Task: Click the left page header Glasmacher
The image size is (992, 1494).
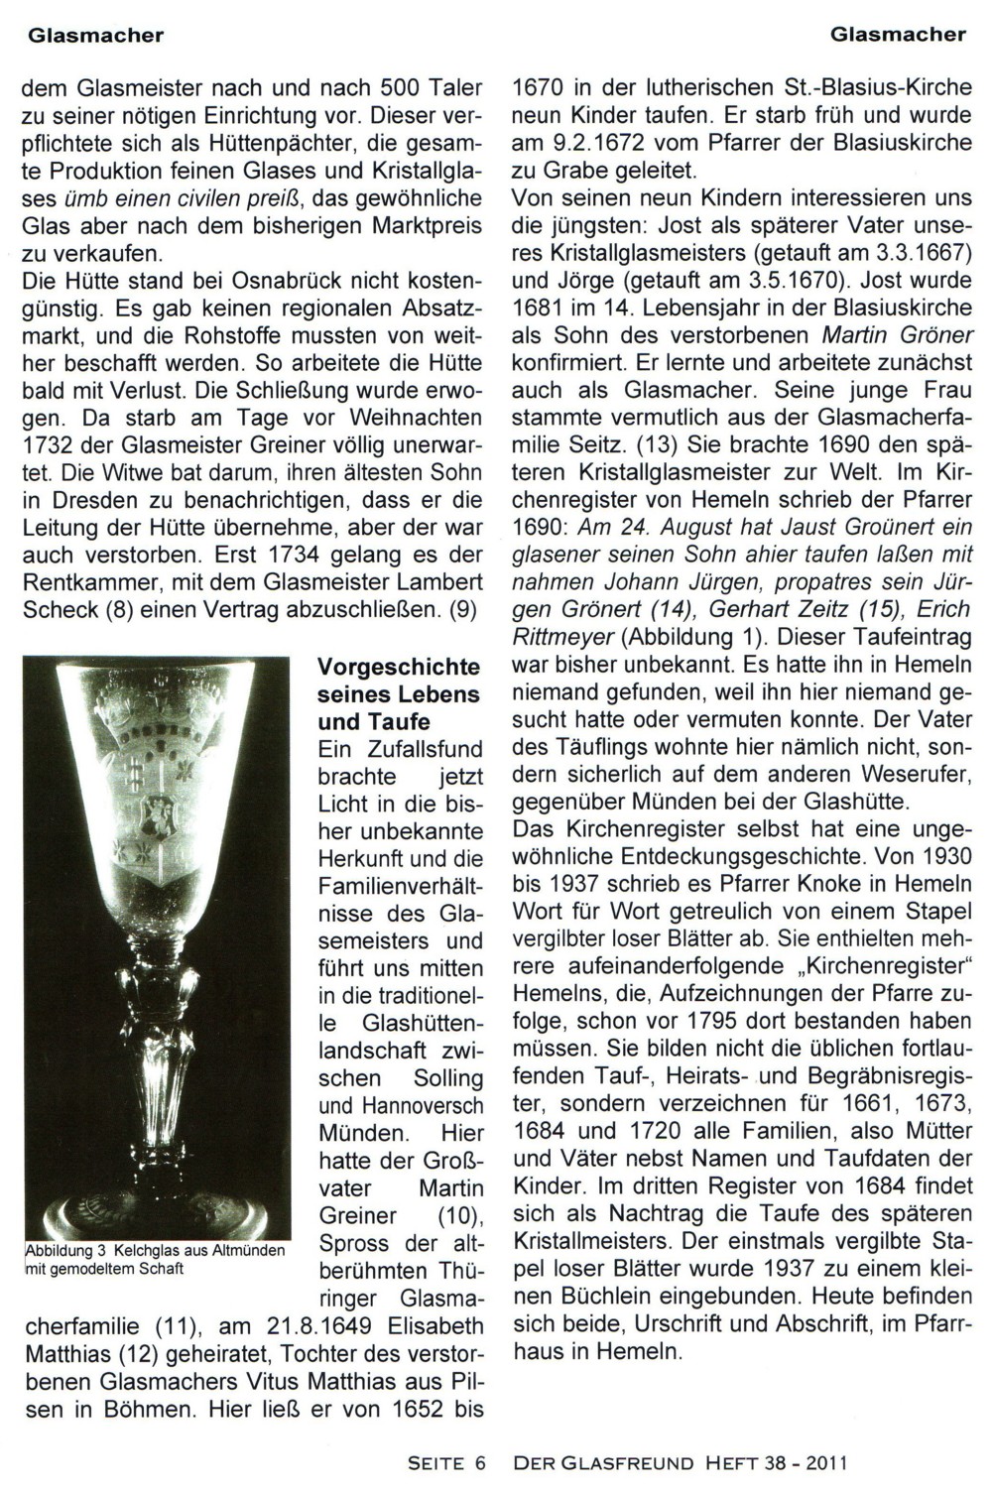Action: click(x=95, y=36)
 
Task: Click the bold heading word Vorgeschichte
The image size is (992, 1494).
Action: click(x=399, y=667)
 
